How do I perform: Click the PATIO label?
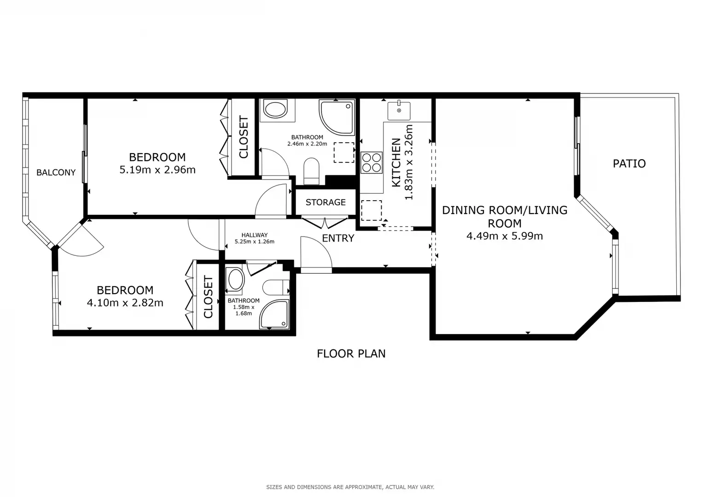(x=629, y=163)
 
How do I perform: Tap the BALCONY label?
(x=56, y=172)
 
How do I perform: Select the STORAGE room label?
(x=325, y=202)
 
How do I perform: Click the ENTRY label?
(x=338, y=238)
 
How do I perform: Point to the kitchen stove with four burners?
(x=372, y=162)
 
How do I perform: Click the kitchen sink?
(x=399, y=110)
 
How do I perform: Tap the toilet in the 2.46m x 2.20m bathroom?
(x=311, y=171)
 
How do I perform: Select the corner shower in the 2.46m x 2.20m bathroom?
(x=337, y=117)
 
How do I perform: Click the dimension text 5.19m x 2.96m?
(x=157, y=170)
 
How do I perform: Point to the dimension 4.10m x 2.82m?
(x=125, y=303)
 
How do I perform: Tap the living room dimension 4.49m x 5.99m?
(x=505, y=236)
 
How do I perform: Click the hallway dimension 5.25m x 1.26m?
(x=255, y=242)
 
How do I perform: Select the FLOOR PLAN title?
(x=351, y=353)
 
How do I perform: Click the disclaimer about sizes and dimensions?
(x=350, y=487)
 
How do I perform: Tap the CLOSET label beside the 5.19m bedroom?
(x=244, y=137)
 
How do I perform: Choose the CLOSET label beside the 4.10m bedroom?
(x=208, y=297)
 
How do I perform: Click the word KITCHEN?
(x=396, y=162)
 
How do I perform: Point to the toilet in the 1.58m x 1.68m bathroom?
(x=276, y=288)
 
